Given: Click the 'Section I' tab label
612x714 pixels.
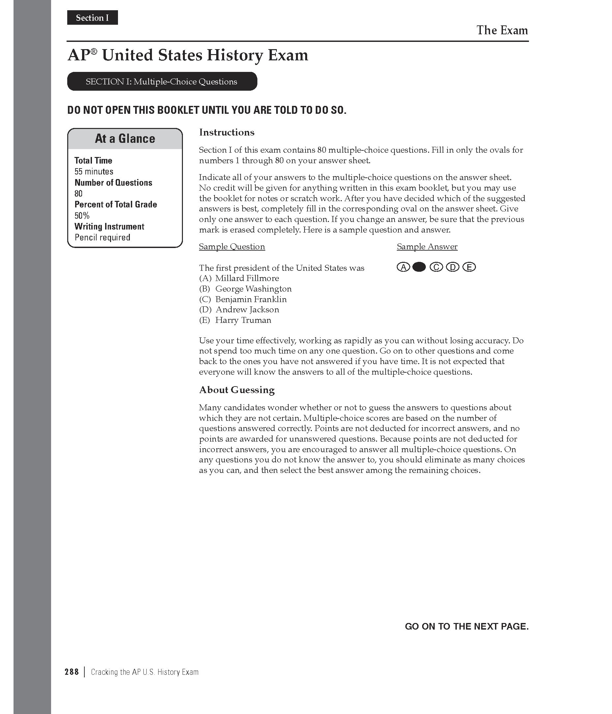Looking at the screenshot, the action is point(92,18).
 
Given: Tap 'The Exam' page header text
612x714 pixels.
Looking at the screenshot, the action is point(502,30).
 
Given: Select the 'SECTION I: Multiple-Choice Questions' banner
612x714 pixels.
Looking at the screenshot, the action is point(161,82).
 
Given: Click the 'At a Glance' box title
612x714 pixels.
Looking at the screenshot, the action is point(125,139).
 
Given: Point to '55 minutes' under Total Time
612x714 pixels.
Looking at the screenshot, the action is point(94,171).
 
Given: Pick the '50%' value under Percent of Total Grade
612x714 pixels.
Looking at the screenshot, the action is point(82,216).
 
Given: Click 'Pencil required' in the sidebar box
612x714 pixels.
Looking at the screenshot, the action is point(102,237).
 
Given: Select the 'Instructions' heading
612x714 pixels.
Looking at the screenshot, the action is point(227,133).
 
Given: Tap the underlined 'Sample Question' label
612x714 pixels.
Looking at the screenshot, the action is point(232,247).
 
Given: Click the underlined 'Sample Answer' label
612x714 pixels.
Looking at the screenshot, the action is point(427,247).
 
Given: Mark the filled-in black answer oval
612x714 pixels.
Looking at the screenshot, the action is point(419,267).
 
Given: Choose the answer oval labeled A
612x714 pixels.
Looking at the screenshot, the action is point(403,267).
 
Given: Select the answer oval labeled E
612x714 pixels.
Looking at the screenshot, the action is point(469,267).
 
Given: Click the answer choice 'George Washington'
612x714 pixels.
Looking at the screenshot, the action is point(253,289).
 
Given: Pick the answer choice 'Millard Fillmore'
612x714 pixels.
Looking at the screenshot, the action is point(247,278).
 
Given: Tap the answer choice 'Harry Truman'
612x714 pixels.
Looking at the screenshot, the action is point(243,320).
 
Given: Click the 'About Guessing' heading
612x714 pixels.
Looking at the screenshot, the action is point(237,390).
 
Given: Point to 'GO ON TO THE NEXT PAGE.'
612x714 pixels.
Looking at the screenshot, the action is point(466,627).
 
